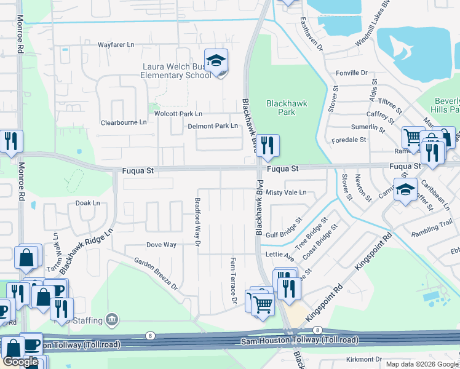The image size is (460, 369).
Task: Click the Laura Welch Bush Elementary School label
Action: click(176, 71)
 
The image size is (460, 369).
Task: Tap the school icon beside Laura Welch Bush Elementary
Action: click(216, 60)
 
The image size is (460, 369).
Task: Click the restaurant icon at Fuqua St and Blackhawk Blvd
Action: click(268, 145)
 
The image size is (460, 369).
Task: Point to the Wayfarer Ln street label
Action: click(116, 45)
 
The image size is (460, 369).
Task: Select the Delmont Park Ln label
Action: click(213, 126)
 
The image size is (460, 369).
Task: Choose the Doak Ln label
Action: click(87, 202)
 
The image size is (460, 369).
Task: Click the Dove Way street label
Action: click(161, 245)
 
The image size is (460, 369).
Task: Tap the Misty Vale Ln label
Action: click(286, 192)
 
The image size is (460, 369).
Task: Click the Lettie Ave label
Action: click(279, 255)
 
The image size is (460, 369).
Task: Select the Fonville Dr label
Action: click(351, 73)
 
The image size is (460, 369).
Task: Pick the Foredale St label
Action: click(349, 140)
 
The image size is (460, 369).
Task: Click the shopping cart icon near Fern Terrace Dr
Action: click(263, 303)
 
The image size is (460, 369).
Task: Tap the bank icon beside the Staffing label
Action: click(112, 319)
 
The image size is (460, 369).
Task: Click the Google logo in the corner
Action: click(20, 362)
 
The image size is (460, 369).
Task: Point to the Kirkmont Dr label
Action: click(364, 359)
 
